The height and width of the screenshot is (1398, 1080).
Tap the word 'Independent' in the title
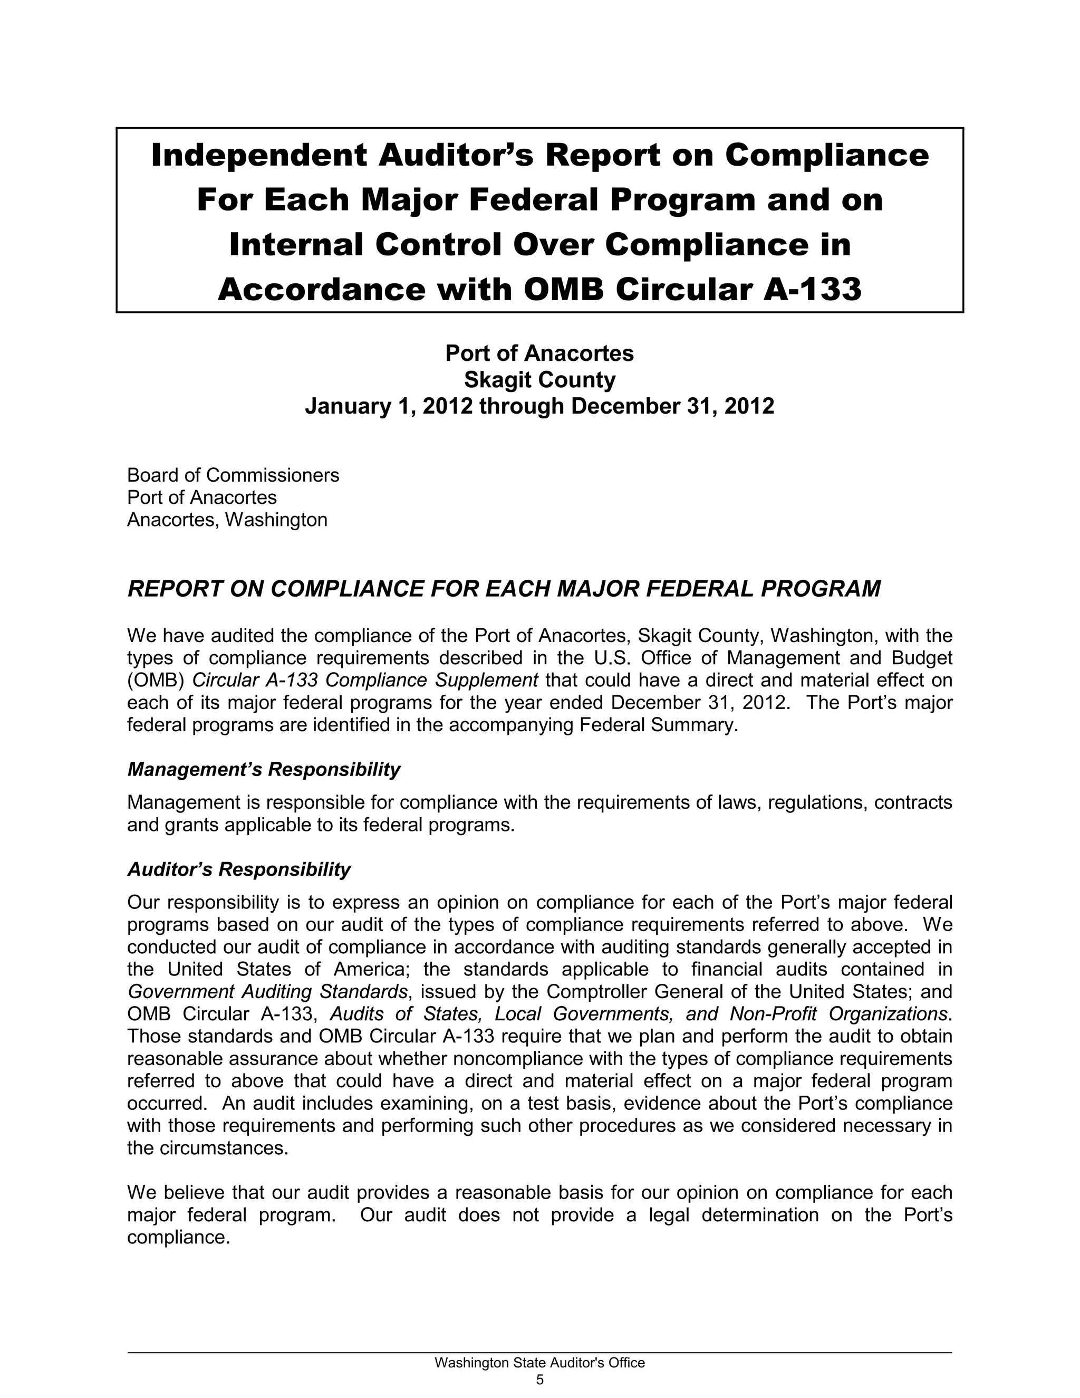(258, 156)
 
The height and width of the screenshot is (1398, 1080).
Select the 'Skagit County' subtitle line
(539, 380)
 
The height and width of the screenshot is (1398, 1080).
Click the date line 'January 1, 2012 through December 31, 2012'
(539, 406)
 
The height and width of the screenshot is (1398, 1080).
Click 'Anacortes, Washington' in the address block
(227, 519)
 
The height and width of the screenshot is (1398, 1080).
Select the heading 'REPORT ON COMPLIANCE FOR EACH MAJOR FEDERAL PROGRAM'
(504, 589)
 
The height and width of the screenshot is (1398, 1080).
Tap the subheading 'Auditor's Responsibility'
(239, 869)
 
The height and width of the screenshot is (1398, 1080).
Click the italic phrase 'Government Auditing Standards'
(267, 992)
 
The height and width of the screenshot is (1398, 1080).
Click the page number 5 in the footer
(539, 1380)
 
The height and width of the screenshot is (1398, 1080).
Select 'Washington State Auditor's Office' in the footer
(539, 1363)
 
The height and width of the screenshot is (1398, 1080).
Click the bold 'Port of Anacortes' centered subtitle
(539, 353)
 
